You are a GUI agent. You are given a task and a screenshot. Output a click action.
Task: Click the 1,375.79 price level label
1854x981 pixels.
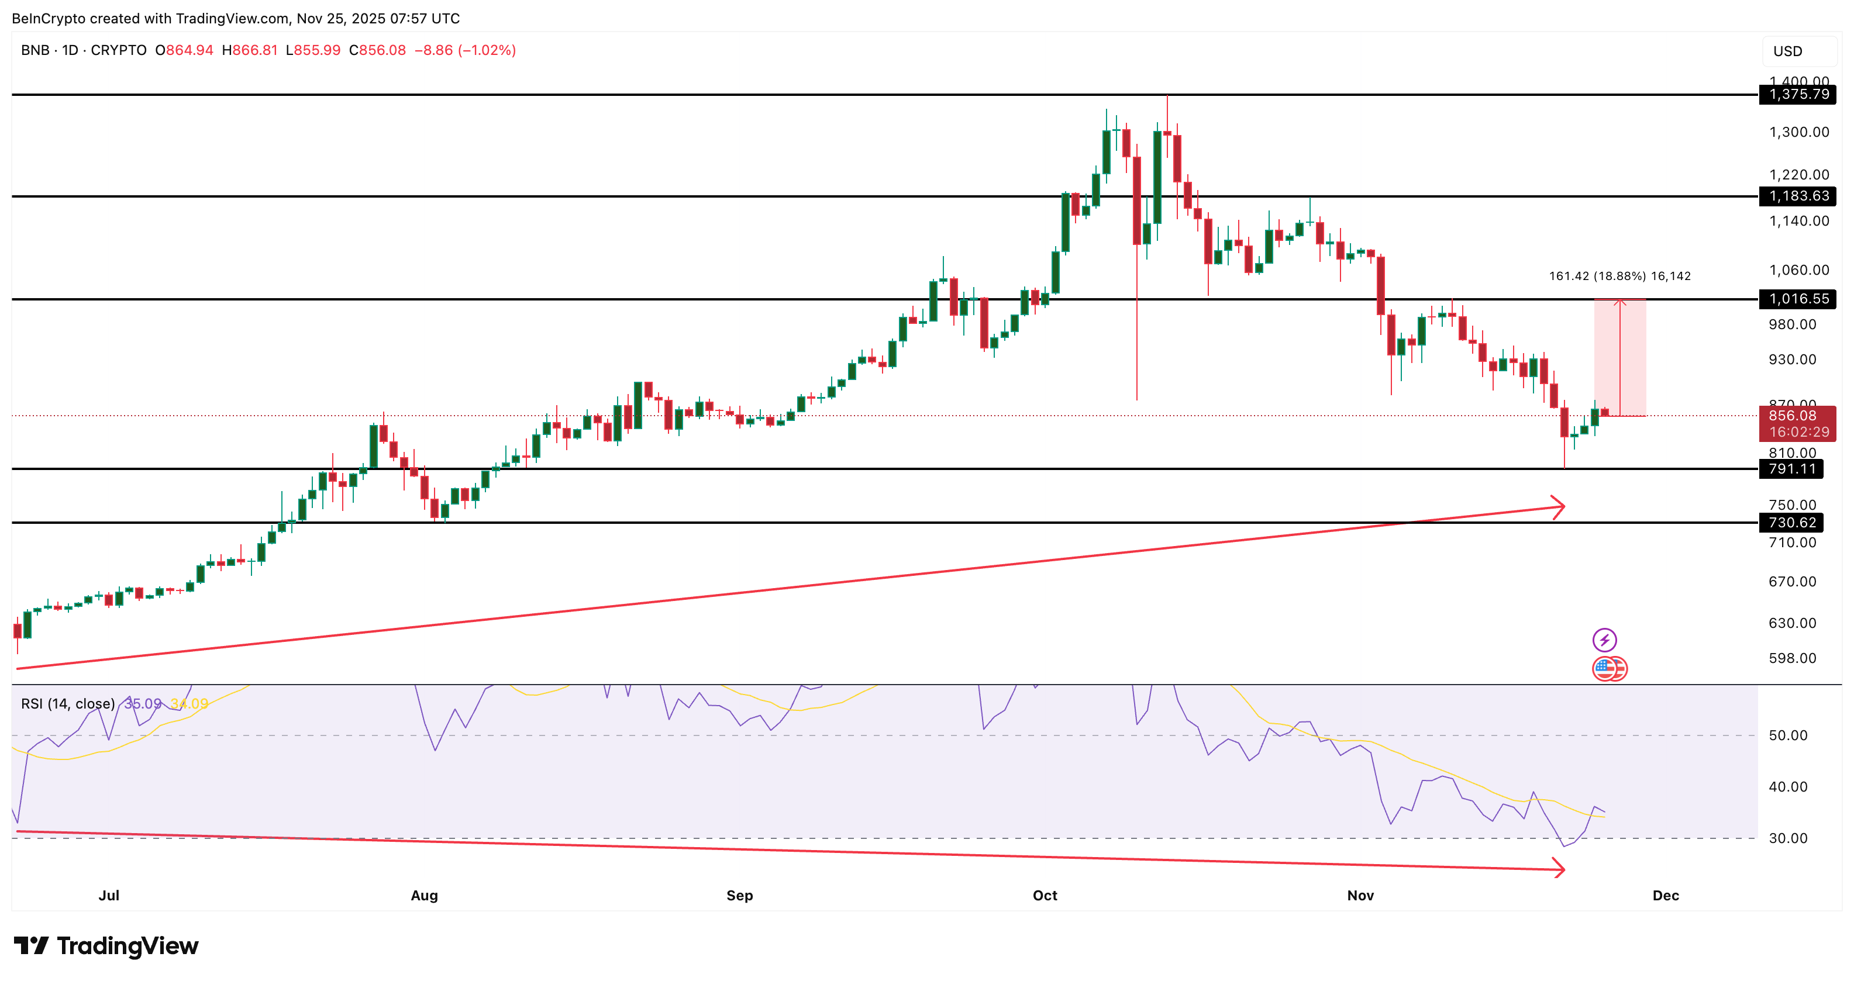(x=1797, y=94)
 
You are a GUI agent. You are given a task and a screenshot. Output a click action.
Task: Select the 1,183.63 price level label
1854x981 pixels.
(x=1797, y=196)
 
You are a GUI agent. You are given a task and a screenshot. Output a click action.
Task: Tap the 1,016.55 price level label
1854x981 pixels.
(x=1797, y=299)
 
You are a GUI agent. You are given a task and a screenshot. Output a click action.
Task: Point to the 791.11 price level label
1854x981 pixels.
(x=1791, y=469)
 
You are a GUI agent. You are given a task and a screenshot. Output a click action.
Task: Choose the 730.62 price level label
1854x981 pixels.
(x=1791, y=523)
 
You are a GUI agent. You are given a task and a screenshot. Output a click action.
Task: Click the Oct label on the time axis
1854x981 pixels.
(x=1045, y=896)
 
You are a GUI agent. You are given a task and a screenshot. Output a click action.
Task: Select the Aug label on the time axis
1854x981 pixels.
(x=424, y=896)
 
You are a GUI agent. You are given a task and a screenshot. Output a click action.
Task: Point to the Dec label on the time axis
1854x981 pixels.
(x=1666, y=896)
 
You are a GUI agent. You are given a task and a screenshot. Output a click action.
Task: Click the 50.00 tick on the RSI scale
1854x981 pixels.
(x=1788, y=735)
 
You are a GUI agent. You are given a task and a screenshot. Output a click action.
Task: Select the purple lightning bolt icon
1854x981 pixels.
(x=1604, y=640)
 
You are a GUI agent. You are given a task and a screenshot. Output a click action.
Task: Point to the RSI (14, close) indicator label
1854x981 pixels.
(x=68, y=703)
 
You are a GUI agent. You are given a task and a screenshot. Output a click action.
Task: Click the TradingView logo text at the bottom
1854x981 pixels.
(x=106, y=946)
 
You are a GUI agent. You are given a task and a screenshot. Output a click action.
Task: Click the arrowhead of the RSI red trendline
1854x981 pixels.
(x=1559, y=869)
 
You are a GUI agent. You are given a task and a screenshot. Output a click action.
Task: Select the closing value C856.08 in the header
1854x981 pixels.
(x=377, y=50)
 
